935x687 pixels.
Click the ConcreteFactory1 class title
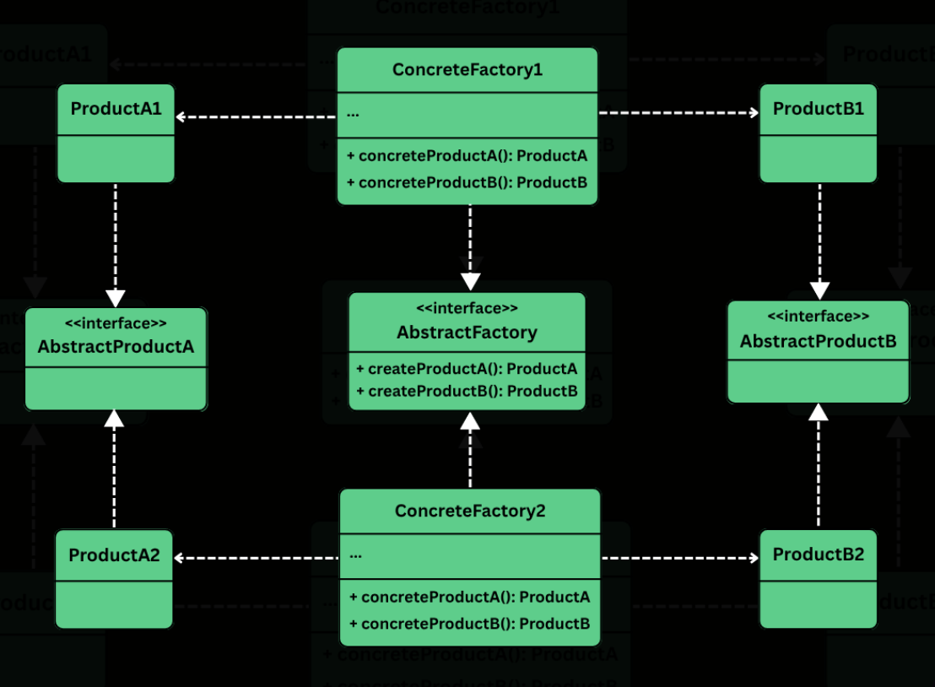[x=467, y=70]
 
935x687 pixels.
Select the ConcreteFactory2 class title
[x=469, y=511]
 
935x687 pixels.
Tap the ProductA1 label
[x=116, y=109]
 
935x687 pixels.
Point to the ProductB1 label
[x=818, y=109]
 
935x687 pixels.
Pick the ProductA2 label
[x=114, y=555]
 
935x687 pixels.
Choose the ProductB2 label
[x=818, y=554]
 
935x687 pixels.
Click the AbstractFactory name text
[x=467, y=333]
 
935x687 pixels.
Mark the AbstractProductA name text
[x=116, y=347]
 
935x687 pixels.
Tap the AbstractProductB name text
[x=818, y=341]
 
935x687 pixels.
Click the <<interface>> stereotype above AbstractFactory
[x=467, y=309]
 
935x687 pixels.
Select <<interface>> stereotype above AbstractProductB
[x=818, y=316]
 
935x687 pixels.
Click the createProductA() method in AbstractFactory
[x=467, y=369]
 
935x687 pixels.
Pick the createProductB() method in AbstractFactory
[x=467, y=391]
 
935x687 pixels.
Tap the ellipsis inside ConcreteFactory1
[x=353, y=113]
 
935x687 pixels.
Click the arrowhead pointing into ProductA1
[x=181, y=116]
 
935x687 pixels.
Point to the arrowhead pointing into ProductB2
[x=753, y=558]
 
